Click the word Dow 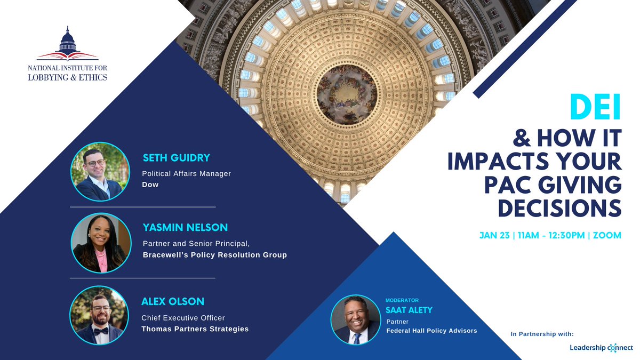[x=150, y=185]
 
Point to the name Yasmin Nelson [x=185, y=228]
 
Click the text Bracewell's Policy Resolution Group [x=214, y=255]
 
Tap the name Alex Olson [x=172, y=302]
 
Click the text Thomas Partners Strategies [x=195, y=329]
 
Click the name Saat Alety [x=409, y=310]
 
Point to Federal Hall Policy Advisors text [x=431, y=331]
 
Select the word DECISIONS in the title [x=559, y=208]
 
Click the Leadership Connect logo [x=601, y=348]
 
